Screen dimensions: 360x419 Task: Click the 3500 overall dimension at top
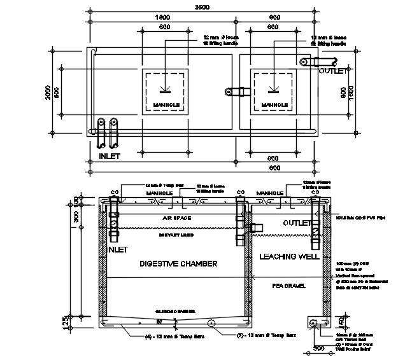coord(202,7)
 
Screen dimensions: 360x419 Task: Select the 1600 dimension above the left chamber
coord(162,17)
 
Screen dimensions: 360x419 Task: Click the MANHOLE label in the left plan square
coord(164,105)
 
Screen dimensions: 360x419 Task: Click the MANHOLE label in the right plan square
coord(274,105)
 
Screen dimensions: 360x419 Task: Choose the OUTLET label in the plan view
coord(333,71)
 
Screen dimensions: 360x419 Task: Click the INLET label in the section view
coord(118,251)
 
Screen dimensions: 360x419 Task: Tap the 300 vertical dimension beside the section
coord(77,218)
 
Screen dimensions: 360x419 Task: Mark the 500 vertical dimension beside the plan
coord(57,92)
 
